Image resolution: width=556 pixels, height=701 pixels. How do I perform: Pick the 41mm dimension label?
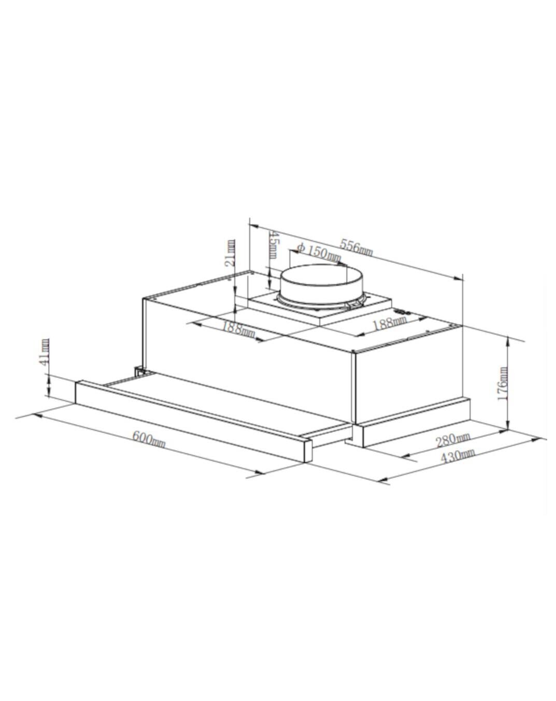pos(45,352)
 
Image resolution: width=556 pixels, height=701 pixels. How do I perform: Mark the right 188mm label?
pos(390,323)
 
